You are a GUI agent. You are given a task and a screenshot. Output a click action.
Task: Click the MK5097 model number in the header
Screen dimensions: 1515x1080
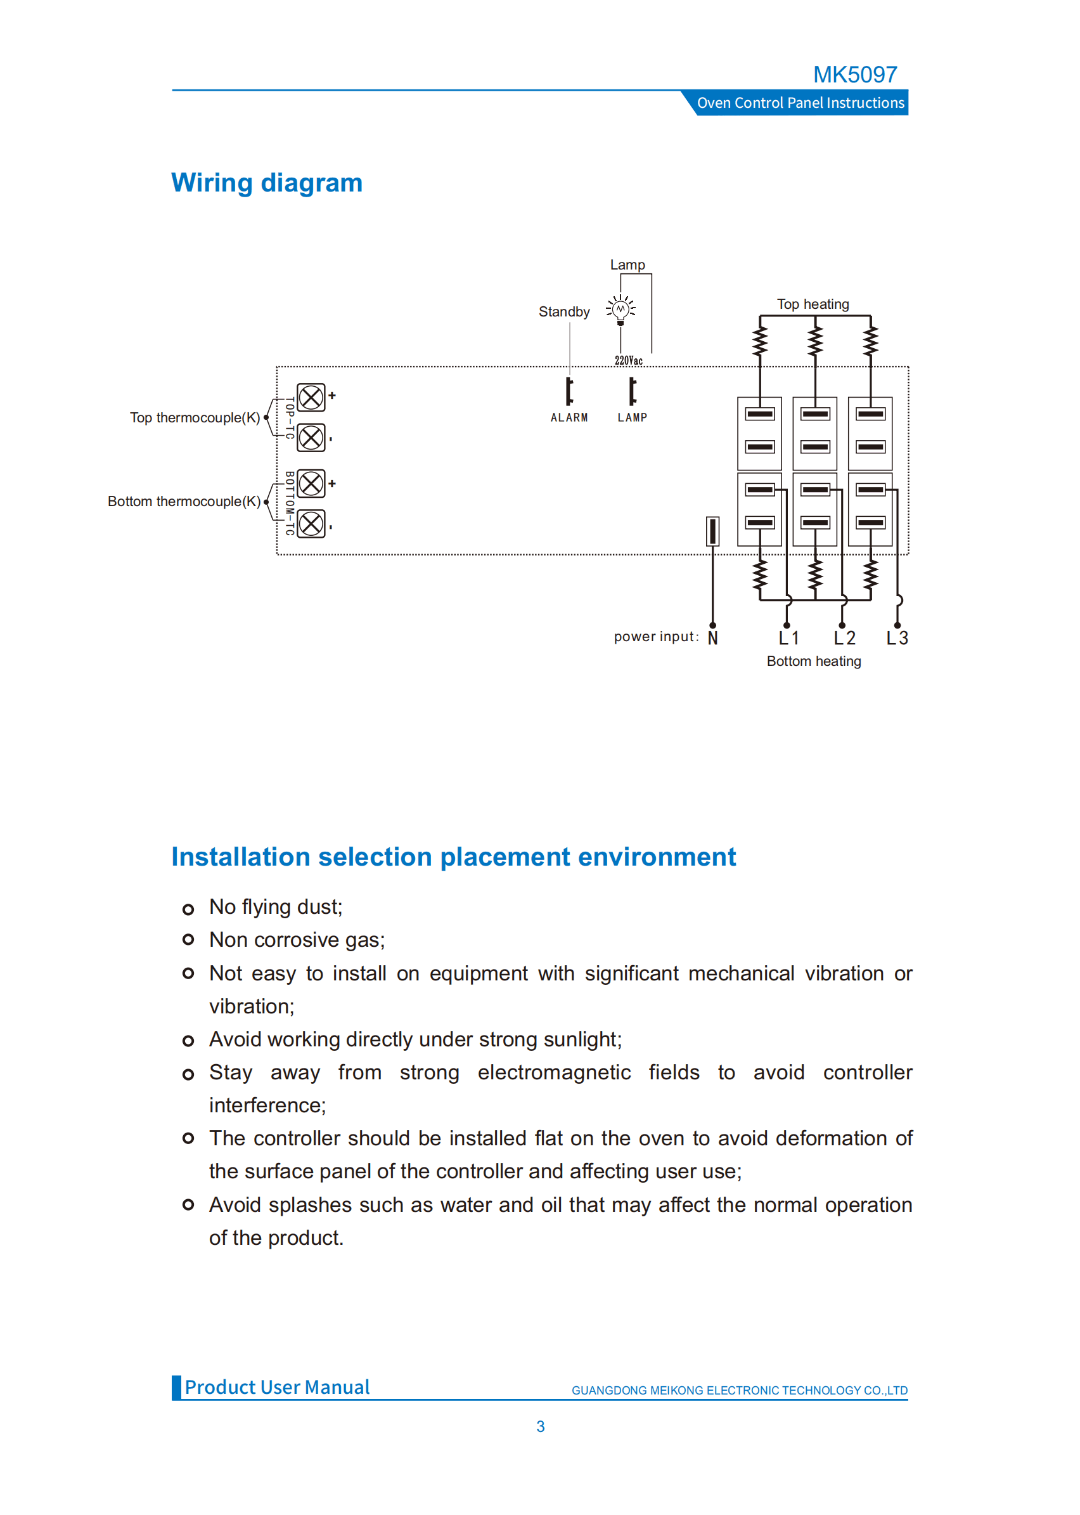pyautogui.click(x=854, y=75)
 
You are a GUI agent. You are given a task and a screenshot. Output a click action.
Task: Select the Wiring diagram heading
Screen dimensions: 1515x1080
pyautogui.click(x=267, y=183)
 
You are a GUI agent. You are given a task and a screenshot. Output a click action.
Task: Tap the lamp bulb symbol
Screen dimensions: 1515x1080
pyautogui.click(x=620, y=309)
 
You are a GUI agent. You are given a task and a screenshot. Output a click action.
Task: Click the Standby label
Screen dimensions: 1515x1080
pyautogui.click(x=564, y=311)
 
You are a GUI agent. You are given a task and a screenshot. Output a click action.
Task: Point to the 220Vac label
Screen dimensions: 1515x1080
pyautogui.click(x=629, y=361)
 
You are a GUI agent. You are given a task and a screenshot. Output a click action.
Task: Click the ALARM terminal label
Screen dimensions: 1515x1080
pyautogui.click(x=569, y=417)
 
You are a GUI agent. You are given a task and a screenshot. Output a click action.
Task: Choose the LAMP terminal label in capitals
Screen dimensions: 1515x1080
pyautogui.click(x=632, y=417)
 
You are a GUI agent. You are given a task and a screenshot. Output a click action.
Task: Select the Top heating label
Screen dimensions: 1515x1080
pyautogui.click(x=813, y=304)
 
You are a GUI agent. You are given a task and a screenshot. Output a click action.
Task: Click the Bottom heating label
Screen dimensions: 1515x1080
pyautogui.click(x=813, y=661)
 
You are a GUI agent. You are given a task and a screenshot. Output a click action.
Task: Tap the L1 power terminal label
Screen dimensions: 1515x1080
pyautogui.click(x=788, y=638)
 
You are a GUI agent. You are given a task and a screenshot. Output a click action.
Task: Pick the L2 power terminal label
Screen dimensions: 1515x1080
pyautogui.click(x=844, y=638)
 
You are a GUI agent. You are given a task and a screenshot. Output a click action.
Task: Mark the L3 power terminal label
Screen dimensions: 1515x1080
pyautogui.click(x=897, y=638)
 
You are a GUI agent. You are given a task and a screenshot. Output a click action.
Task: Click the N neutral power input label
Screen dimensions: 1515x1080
pyautogui.click(x=713, y=638)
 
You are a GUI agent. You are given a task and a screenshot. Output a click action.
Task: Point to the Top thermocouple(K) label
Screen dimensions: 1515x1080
pyautogui.click(x=195, y=417)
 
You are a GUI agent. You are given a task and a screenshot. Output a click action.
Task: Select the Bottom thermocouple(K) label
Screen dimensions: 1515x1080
pyautogui.click(x=184, y=501)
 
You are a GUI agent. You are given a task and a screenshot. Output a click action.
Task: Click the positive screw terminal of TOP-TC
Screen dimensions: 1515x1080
pyautogui.click(x=311, y=398)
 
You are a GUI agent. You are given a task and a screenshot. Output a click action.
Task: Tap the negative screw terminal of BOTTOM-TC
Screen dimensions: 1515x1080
pyautogui.click(x=311, y=524)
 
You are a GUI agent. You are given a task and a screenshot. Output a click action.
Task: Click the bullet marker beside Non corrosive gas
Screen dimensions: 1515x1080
pyautogui.click(x=188, y=939)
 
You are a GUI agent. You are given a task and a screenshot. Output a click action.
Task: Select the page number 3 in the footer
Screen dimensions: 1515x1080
pyautogui.click(x=541, y=1426)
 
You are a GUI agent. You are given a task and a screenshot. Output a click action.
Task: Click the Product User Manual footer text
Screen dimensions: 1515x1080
pyautogui.click(x=276, y=1387)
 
